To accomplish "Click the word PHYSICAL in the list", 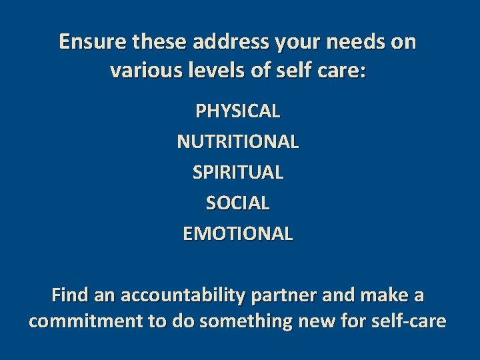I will pos(238,111).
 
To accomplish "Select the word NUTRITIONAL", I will pos(238,141).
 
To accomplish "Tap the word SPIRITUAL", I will pos(238,172).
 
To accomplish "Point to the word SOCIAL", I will pos(238,203).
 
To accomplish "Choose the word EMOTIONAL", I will pos(238,234).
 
